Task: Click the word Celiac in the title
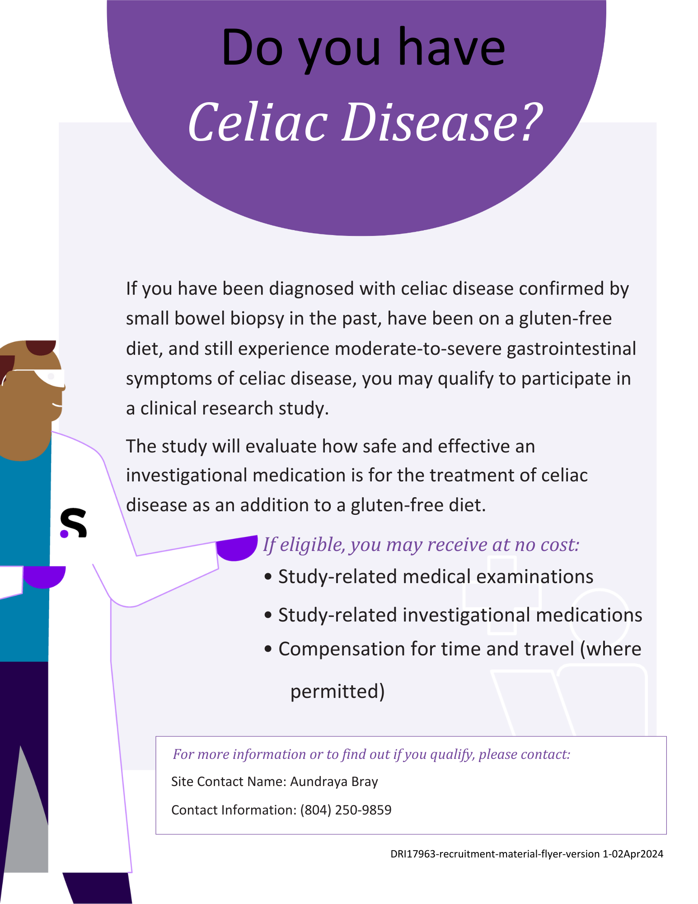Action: pos(258,122)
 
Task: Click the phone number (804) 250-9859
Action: pos(346,810)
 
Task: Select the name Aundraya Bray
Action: pos(334,782)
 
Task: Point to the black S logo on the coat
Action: pos(74,523)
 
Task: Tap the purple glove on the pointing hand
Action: pos(236,548)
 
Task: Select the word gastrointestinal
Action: pos(572,349)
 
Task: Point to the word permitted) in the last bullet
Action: pos(337,691)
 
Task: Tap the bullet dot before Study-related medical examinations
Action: pos(268,577)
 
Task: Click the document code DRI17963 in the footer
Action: pos(412,854)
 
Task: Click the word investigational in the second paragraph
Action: pos(186,476)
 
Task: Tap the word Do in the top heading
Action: pos(252,48)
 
